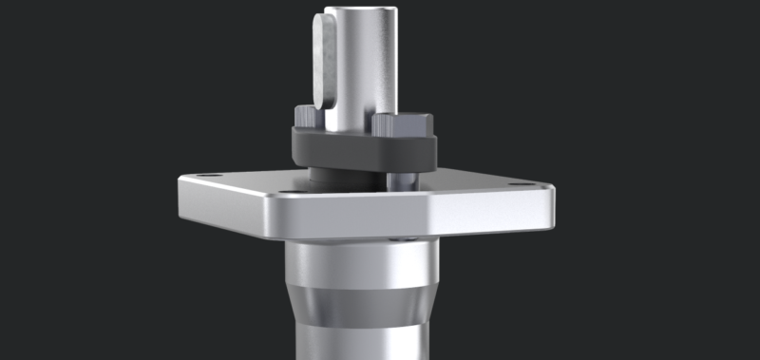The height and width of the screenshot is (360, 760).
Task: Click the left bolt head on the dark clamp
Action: point(305,118)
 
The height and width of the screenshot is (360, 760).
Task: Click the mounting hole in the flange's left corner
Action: point(210,177)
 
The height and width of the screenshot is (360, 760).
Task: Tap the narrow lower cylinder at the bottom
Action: point(356,342)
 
